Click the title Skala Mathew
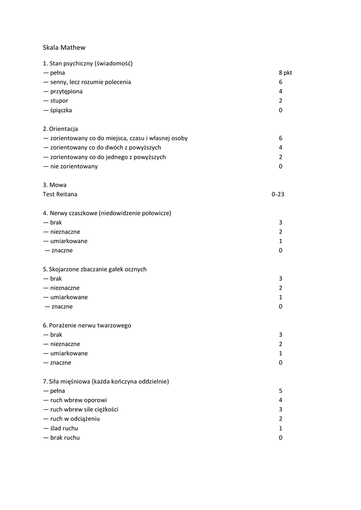coord(64,48)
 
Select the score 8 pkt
coord(285,73)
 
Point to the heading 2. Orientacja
coord(60,129)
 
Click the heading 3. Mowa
coord(54,185)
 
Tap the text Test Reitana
coord(60,194)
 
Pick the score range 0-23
coord(278,195)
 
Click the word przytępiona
coord(66,92)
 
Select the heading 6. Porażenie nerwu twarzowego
coord(87,325)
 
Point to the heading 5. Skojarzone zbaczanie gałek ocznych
coord(95,269)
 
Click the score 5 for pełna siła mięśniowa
coord(281,391)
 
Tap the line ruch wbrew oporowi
coord(75,400)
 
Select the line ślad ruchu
coord(64,428)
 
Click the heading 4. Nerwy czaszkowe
coord(107,213)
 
